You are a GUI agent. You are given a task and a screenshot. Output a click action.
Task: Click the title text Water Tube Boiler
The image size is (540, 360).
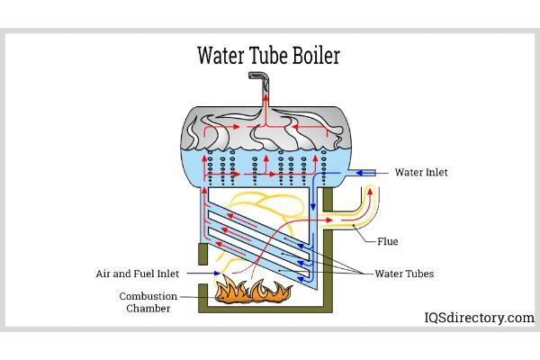(269, 56)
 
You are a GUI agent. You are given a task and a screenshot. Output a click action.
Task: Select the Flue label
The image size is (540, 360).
(388, 241)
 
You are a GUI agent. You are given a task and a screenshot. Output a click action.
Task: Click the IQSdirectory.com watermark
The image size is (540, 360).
(478, 318)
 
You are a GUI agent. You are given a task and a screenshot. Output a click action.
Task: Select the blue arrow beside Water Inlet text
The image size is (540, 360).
(376, 173)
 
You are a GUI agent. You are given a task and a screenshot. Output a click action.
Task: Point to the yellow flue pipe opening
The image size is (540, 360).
(370, 190)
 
